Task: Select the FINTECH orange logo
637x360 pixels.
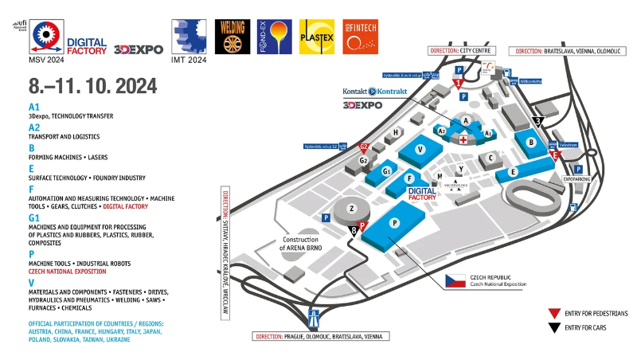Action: click(x=360, y=37)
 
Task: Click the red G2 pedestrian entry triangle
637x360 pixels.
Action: click(x=364, y=147)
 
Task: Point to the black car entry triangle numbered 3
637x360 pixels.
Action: click(x=539, y=122)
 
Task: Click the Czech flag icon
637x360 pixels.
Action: click(x=455, y=281)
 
